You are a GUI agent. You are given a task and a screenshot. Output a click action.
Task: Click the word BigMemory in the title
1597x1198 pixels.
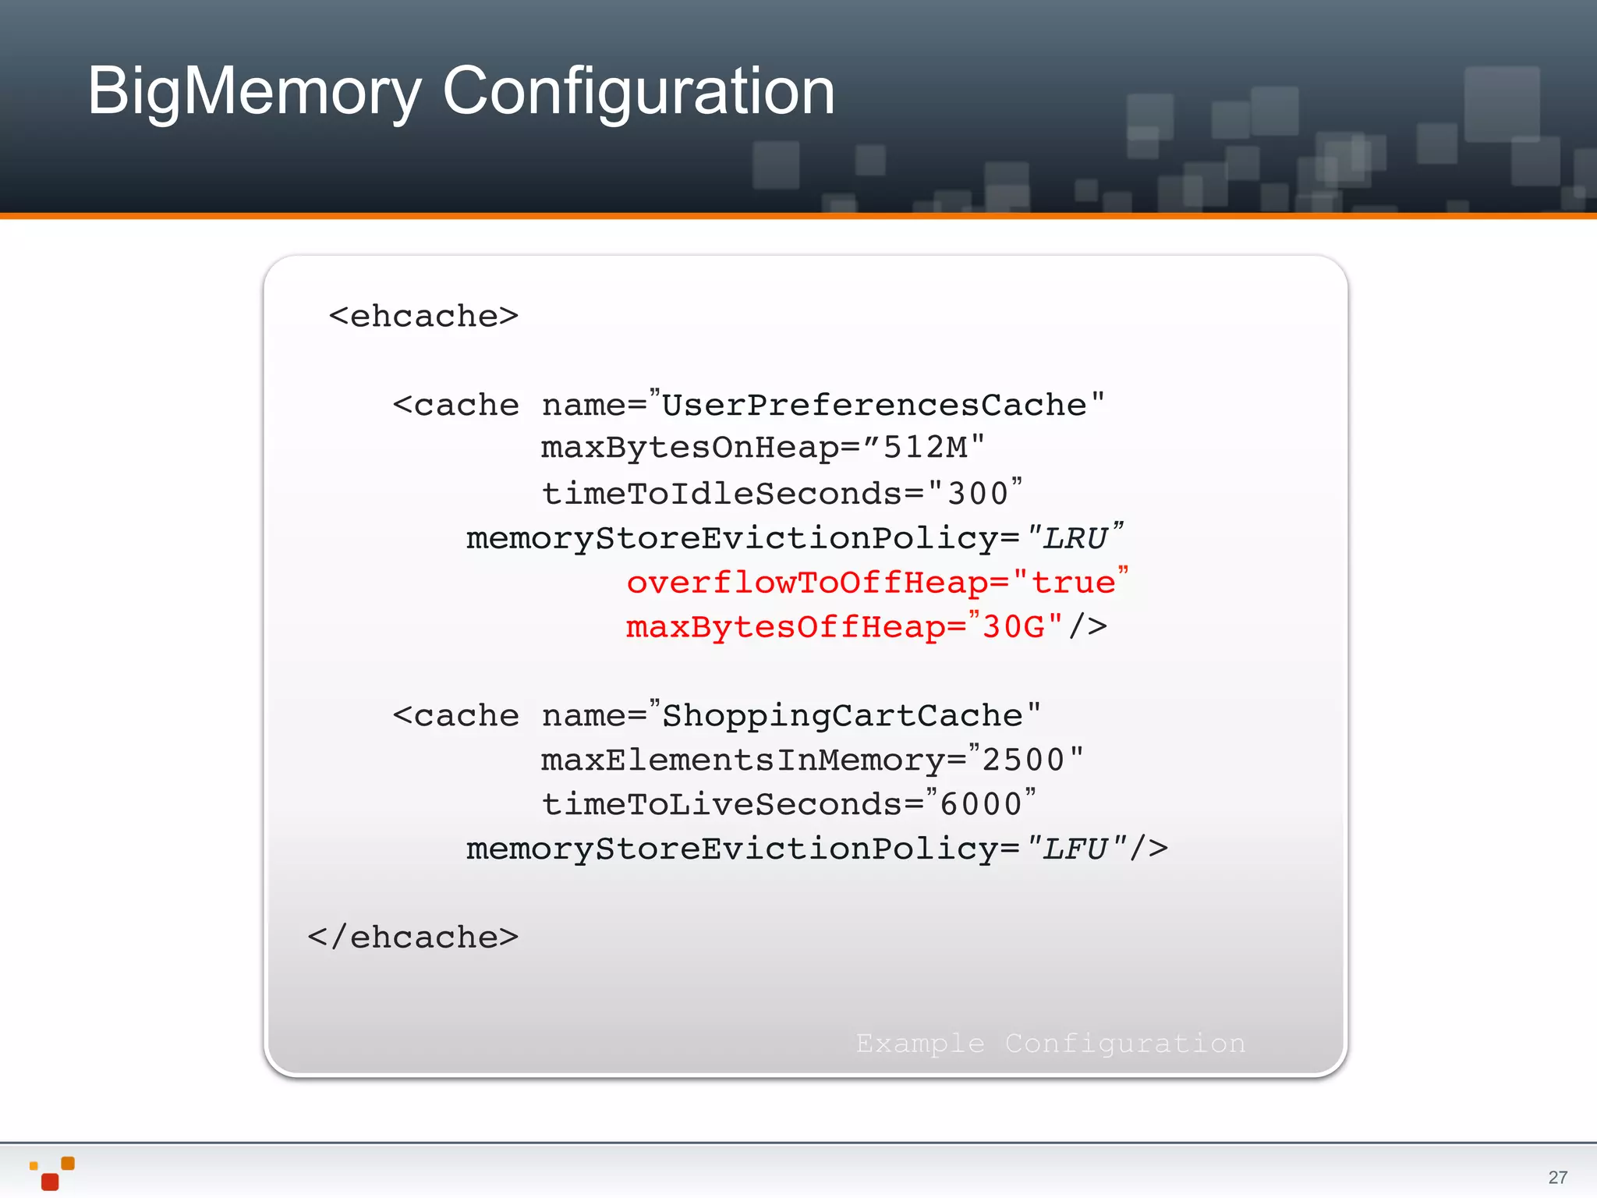pos(253,92)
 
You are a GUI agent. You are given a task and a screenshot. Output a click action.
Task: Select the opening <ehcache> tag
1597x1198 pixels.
pos(423,316)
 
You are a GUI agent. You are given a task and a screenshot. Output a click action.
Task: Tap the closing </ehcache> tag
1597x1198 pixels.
pos(413,937)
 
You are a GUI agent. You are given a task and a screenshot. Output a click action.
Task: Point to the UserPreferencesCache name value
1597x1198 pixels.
pos(874,405)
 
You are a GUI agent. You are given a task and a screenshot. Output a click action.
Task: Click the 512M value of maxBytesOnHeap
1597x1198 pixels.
pos(925,448)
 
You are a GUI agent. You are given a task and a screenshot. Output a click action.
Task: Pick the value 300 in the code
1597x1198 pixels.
pos(978,494)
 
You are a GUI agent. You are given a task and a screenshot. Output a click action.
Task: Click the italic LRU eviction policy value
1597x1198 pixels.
pos(1075,538)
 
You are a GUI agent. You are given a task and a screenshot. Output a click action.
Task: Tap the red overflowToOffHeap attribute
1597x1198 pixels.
pos(807,583)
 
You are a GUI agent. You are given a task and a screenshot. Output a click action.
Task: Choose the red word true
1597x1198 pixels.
pos(1073,583)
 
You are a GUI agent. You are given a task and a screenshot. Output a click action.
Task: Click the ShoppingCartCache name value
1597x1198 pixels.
pos(842,715)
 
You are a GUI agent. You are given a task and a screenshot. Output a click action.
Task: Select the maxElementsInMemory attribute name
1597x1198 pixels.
pos(743,760)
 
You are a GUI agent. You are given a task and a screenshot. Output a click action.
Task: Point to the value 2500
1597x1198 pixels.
pos(1023,760)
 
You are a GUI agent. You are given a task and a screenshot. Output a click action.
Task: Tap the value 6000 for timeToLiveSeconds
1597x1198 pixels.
pos(981,804)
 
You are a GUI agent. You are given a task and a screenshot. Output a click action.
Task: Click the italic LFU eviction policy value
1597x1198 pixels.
pos(1075,849)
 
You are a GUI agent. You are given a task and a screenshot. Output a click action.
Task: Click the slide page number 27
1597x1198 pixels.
pos(1557,1177)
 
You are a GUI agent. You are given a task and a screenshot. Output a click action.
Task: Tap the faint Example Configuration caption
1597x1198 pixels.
pos(1050,1043)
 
